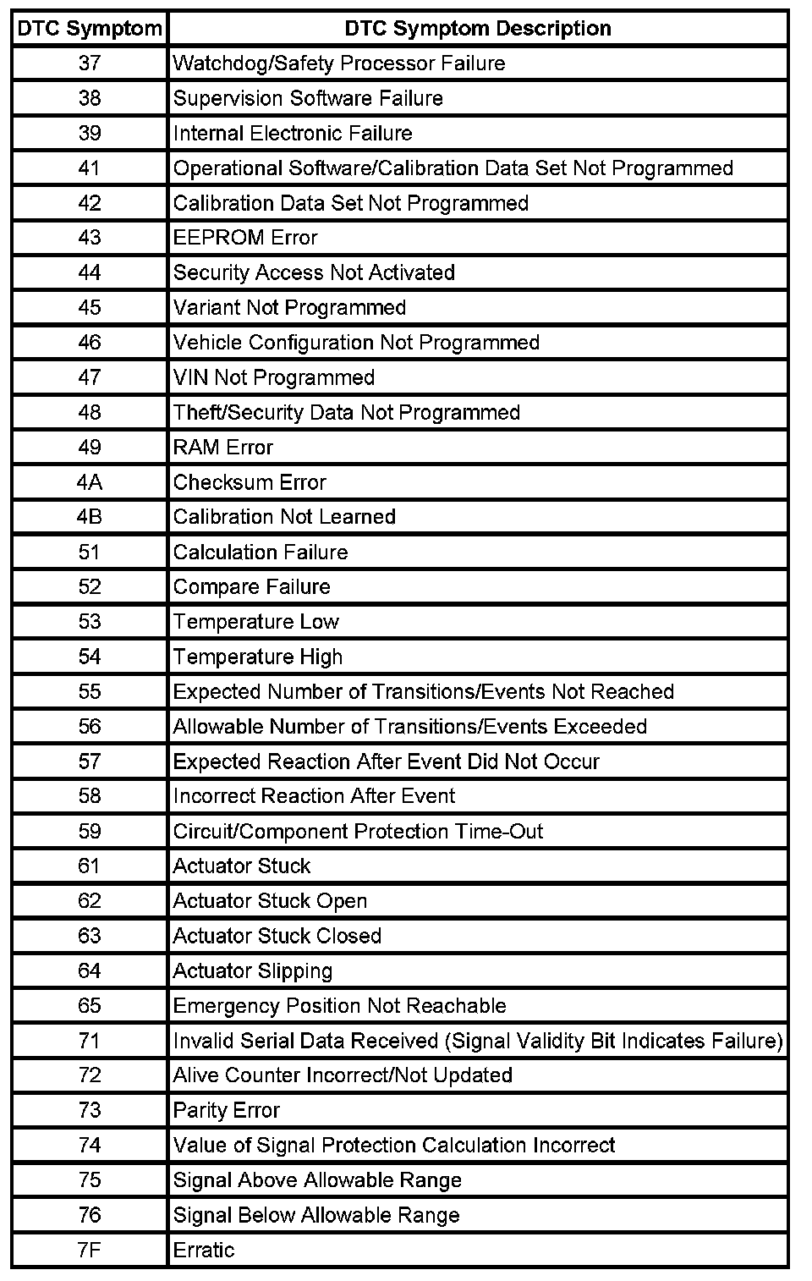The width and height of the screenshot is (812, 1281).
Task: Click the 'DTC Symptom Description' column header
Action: click(x=477, y=28)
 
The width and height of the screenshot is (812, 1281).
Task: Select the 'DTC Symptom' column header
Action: click(x=90, y=28)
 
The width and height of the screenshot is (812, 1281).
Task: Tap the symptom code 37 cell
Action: click(x=90, y=63)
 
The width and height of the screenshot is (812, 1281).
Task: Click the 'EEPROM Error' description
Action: click(x=245, y=238)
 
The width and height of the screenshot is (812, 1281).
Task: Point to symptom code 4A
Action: click(x=90, y=482)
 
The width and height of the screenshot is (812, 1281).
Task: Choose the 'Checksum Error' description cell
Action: click(x=250, y=482)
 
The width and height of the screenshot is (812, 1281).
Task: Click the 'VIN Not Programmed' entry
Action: click(x=273, y=377)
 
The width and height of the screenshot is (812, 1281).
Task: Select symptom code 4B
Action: click(x=90, y=517)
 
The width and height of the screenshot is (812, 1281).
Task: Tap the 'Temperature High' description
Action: click(x=258, y=657)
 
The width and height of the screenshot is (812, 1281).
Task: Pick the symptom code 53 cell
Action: click(x=90, y=622)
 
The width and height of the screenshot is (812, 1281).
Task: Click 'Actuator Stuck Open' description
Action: click(x=270, y=901)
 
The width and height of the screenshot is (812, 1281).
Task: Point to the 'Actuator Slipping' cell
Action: click(x=253, y=970)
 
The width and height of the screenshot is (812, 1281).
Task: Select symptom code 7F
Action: click(x=90, y=1250)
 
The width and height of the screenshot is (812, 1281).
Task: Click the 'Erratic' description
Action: click(x=204, y=1250)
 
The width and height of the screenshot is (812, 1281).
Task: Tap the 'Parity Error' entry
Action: click(x=226, y=1110)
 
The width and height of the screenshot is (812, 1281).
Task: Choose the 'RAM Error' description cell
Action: click(x=223, y=448)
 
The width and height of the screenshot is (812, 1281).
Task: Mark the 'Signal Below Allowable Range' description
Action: click(x=316, y=1215)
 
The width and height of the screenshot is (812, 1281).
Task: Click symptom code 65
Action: click(x=90, y=1006)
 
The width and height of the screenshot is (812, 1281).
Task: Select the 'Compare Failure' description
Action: click(x=251, y=587)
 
